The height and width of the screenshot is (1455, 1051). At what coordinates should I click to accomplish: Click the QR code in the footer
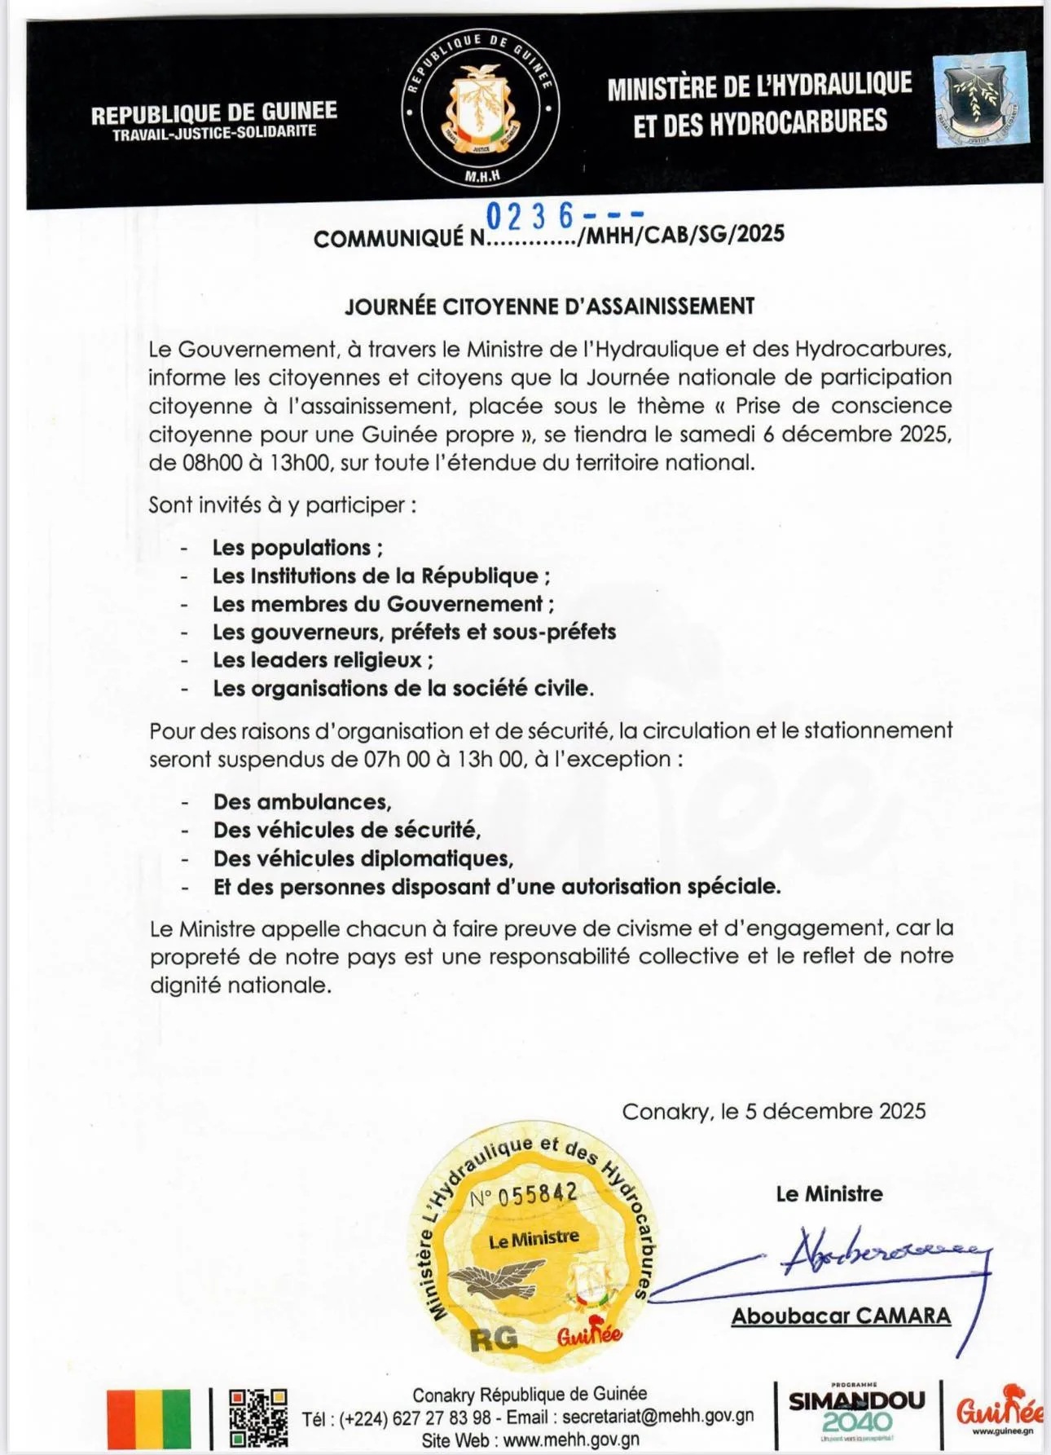point(258,1418)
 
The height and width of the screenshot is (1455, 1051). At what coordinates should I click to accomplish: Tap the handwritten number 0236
point(530,217)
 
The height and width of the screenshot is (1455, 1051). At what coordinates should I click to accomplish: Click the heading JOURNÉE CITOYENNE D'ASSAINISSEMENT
point(549,306)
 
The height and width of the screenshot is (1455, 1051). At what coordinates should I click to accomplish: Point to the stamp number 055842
point(537,1195)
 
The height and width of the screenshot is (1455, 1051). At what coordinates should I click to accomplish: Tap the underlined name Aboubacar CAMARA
point(841,1316)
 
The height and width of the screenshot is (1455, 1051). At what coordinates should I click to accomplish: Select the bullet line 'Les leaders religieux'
point(323,659)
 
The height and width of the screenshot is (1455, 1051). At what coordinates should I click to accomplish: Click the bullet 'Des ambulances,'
point(302,801)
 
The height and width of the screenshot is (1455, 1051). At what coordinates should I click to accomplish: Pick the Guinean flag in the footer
point(149,1418)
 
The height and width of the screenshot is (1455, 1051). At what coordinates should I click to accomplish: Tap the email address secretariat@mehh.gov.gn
point(657,1417)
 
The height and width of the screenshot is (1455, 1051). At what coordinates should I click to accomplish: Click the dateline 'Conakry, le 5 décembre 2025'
point(773,1111)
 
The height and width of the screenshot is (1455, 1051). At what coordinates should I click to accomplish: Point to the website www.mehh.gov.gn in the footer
point(571,1440)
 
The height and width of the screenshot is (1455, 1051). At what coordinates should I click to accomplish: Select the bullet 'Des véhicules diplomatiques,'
point(363,858)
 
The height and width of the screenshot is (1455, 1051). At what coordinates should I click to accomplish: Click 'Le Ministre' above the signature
point(829,1193)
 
